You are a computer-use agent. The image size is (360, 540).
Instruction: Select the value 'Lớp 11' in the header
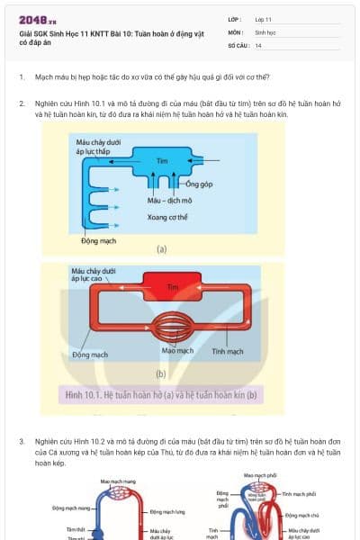264,19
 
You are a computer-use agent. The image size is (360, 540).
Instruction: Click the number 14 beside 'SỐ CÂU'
258,44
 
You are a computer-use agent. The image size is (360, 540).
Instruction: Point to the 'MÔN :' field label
236,31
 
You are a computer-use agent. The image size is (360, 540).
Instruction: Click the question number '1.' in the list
22,77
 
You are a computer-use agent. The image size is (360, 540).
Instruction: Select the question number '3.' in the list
22,442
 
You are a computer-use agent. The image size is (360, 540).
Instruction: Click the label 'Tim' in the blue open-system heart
162,161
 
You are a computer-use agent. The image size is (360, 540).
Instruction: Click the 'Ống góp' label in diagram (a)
185,183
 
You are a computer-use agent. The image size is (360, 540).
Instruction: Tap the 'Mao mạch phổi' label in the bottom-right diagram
259,475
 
